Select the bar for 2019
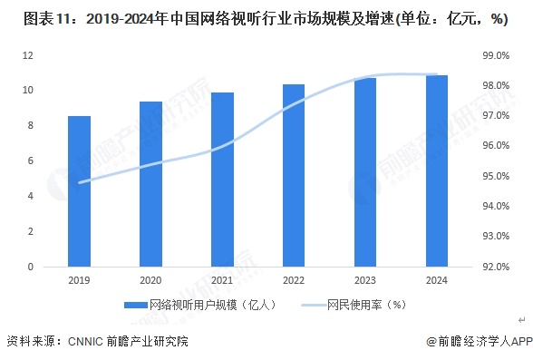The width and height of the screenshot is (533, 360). [79, 191]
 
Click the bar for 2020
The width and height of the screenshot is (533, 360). [150, 184]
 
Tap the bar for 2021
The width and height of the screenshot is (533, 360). [222, 180]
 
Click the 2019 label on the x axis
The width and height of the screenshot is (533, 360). [79, 281]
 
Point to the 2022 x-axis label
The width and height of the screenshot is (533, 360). [294, 281]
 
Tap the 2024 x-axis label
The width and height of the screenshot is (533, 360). [436, 281]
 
